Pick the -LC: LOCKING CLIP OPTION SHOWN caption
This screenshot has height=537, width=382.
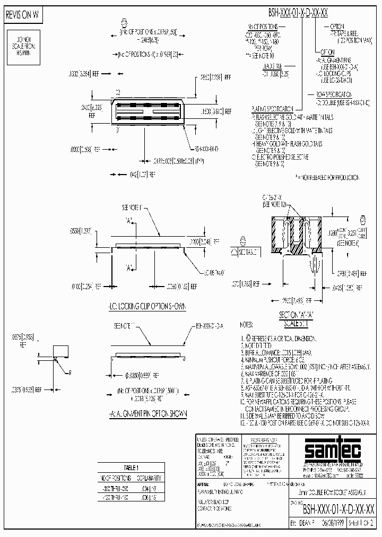[x=143, y=307]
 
